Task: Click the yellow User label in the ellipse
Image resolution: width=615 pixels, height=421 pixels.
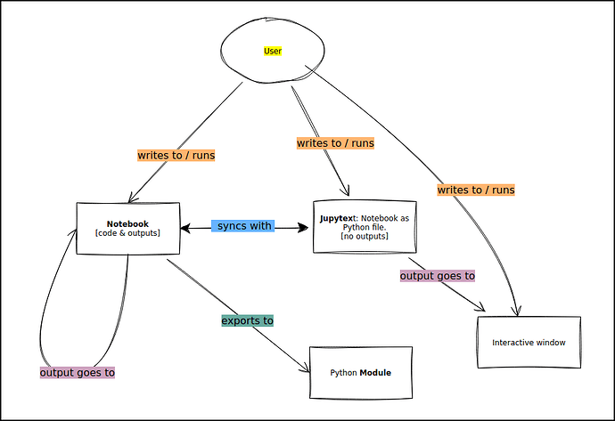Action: click(273, 51)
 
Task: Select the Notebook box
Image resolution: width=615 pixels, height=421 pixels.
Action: click(128, 229)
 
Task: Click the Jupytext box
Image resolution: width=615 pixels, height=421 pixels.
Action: click(365, 227)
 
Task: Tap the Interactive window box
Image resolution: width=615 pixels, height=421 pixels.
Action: click(529, 342)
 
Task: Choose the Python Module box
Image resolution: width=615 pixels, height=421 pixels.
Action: click(361, 373)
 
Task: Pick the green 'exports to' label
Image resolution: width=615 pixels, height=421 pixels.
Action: click(248, 320)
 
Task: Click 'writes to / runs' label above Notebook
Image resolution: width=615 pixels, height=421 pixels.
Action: click(176, 155)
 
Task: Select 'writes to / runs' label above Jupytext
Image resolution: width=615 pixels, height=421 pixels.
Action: click(335, 142)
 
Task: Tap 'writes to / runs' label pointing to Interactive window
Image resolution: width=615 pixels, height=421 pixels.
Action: click(476, 190)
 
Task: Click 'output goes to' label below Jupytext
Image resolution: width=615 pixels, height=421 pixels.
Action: click(438, 276)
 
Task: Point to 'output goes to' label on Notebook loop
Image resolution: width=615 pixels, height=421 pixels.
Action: click(78, 373)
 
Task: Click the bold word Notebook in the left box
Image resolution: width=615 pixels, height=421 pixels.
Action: click(127, 224)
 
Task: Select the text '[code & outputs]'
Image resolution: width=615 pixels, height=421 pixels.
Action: click(127, 234)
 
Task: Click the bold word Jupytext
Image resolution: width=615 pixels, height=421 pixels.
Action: click(338, 218)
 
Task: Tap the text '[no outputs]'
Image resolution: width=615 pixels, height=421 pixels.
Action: click(365, 237)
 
